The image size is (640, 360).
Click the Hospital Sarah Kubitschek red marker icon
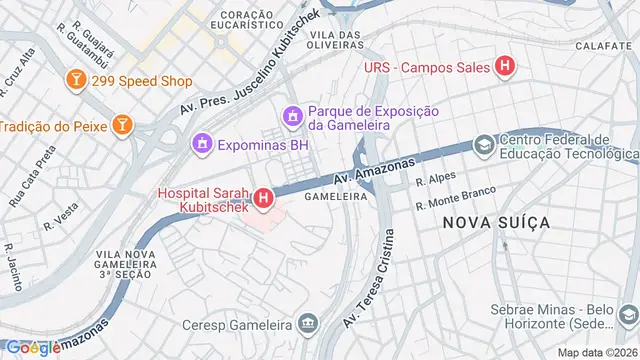click(263, 199)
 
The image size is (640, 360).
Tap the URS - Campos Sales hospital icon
click(506, 67)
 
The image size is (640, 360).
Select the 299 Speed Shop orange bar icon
click(76, 78)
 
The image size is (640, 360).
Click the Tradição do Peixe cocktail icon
click(121, 125)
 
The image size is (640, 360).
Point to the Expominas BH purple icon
click(203, 145)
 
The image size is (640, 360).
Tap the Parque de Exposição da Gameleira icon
click(292, 117)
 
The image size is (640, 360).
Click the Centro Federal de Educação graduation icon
click(484, 146)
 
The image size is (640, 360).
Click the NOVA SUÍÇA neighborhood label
click(495, 222)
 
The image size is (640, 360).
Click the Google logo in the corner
click(32, 347)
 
